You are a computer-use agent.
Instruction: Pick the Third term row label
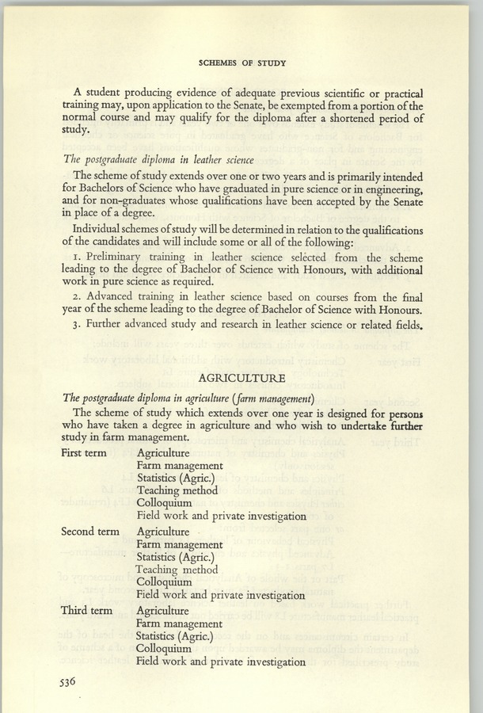[86, 611]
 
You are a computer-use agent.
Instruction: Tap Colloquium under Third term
[165, 649]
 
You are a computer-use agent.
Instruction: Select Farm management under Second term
[180, 544]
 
